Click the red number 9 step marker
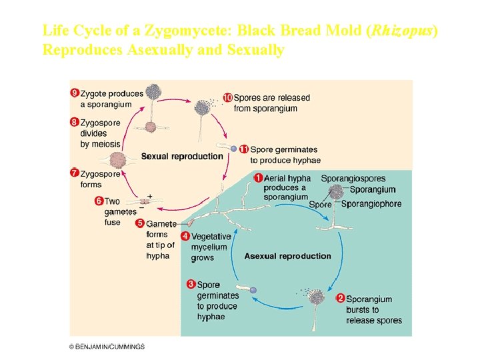click(x=75, y=93)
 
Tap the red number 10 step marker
click(x=227, y=97)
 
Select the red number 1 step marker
click(x=258, y=178)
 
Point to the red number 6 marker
click(x=99, y=201)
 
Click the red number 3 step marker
click(x=191, y=285)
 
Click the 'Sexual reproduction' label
click(x=182, y=157)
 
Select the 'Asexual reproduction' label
click(x=287, y=256)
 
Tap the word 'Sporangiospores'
click(x=353, y=179)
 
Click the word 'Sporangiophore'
click(x=371, y=204)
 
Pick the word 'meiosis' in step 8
click(x=107, y=144)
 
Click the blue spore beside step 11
click(x=233, y=149)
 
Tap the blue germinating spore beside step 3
click(x=253, y=290)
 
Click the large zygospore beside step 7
click(x=118, y=160)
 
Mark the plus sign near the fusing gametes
click(x=150, y=196)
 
